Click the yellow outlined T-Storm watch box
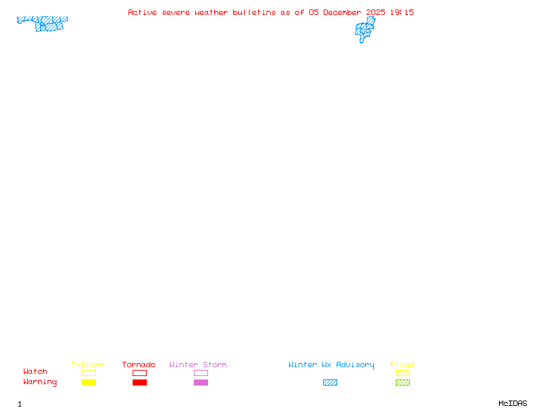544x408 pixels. coord(88,373)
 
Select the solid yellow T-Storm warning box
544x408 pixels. coord(88,382)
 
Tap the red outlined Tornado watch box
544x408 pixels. coord(139,373)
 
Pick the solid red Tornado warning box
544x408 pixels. coord(139,382)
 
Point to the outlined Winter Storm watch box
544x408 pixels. coord(201,373)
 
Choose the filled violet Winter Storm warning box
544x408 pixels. coord(201,382)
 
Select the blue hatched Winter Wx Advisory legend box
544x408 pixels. coord(330,382)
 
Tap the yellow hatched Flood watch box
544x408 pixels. coord(403,373)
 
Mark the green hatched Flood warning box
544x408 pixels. coord(403,382)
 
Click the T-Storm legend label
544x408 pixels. coord(88,364)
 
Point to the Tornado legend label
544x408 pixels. coord(139,364)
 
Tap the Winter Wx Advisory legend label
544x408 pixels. coord(331,364)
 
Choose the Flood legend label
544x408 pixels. coord(403,364)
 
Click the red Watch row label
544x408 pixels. coord(35,372)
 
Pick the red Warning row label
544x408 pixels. coord(40,382)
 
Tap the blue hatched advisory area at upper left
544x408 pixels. coord(48,24)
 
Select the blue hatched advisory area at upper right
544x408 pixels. coord(364,29)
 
